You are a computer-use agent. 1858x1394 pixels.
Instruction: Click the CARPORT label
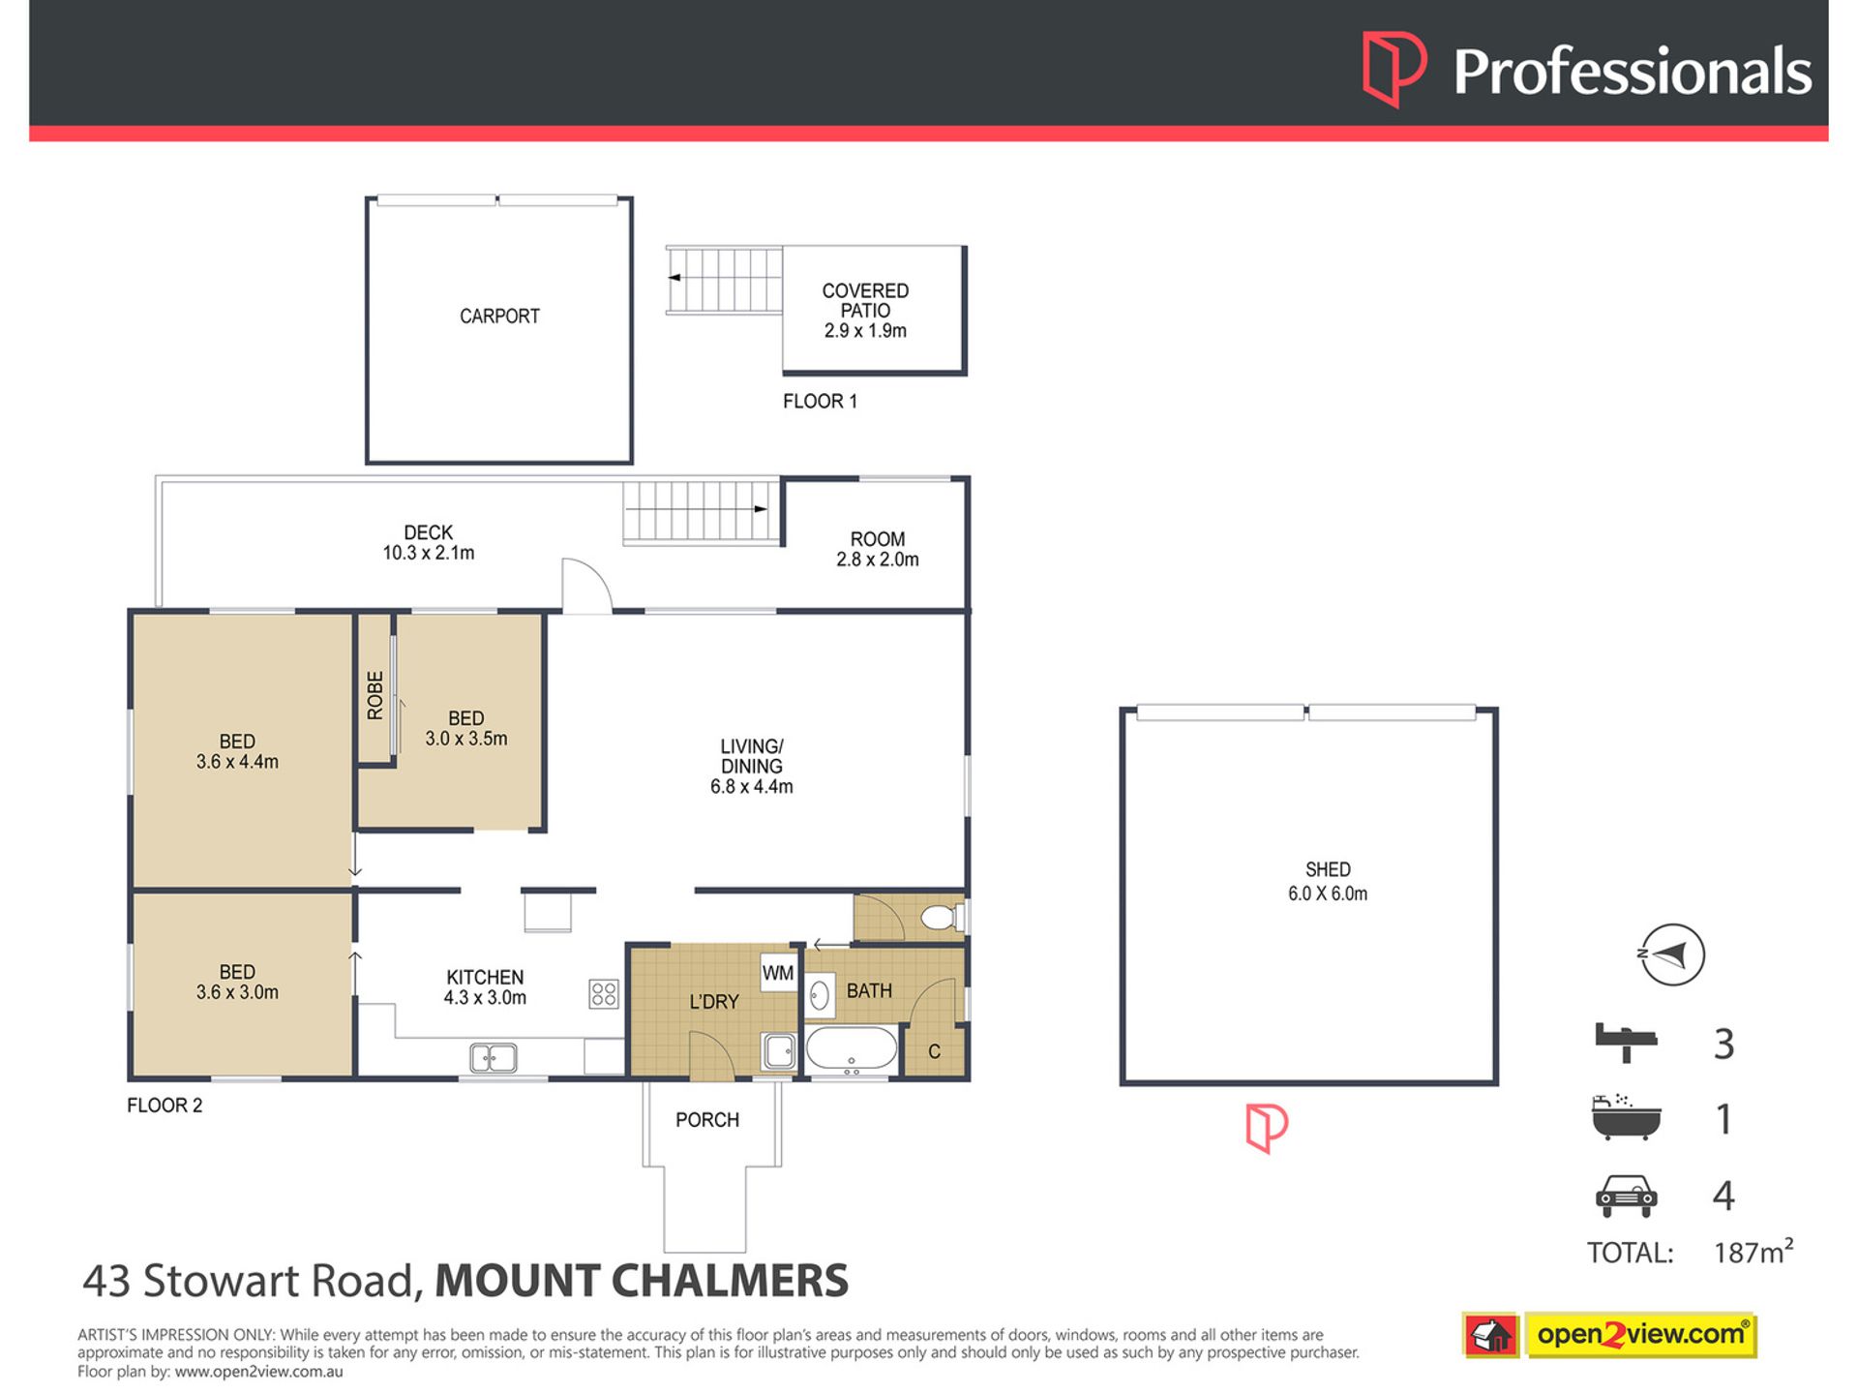[x=499, y=316]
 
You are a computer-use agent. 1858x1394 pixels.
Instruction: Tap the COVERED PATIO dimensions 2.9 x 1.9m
[x=865, y=331]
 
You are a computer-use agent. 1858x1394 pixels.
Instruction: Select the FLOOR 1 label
[x=820, y=401]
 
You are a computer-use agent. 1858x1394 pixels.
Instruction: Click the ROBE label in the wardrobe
[x=375, y=695]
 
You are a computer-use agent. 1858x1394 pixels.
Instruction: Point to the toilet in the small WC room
[x=939, y=917]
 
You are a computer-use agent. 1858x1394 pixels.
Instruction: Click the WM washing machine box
[x=778, y=973]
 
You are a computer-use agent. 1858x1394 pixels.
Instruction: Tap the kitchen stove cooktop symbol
[x=604, y=993]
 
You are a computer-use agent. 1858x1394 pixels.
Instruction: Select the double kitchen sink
[x=494, y=1057]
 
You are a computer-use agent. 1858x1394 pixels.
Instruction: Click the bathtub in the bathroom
[x=852, y=1048]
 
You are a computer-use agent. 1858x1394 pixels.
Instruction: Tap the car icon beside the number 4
[x=1626, y=1196]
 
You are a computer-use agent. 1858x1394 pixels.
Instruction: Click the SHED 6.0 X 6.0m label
[x=1328, y=882]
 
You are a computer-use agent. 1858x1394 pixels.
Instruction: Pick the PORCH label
[x=707, y=1120]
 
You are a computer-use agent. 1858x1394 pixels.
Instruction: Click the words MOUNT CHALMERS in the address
[x=642, y=1281]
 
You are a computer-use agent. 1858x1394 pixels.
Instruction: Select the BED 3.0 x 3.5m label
[x=466, y=728]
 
